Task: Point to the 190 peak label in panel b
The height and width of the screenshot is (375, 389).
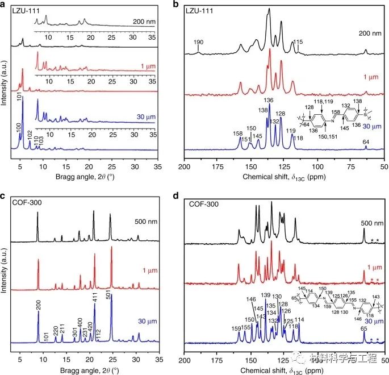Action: point(198,43)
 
